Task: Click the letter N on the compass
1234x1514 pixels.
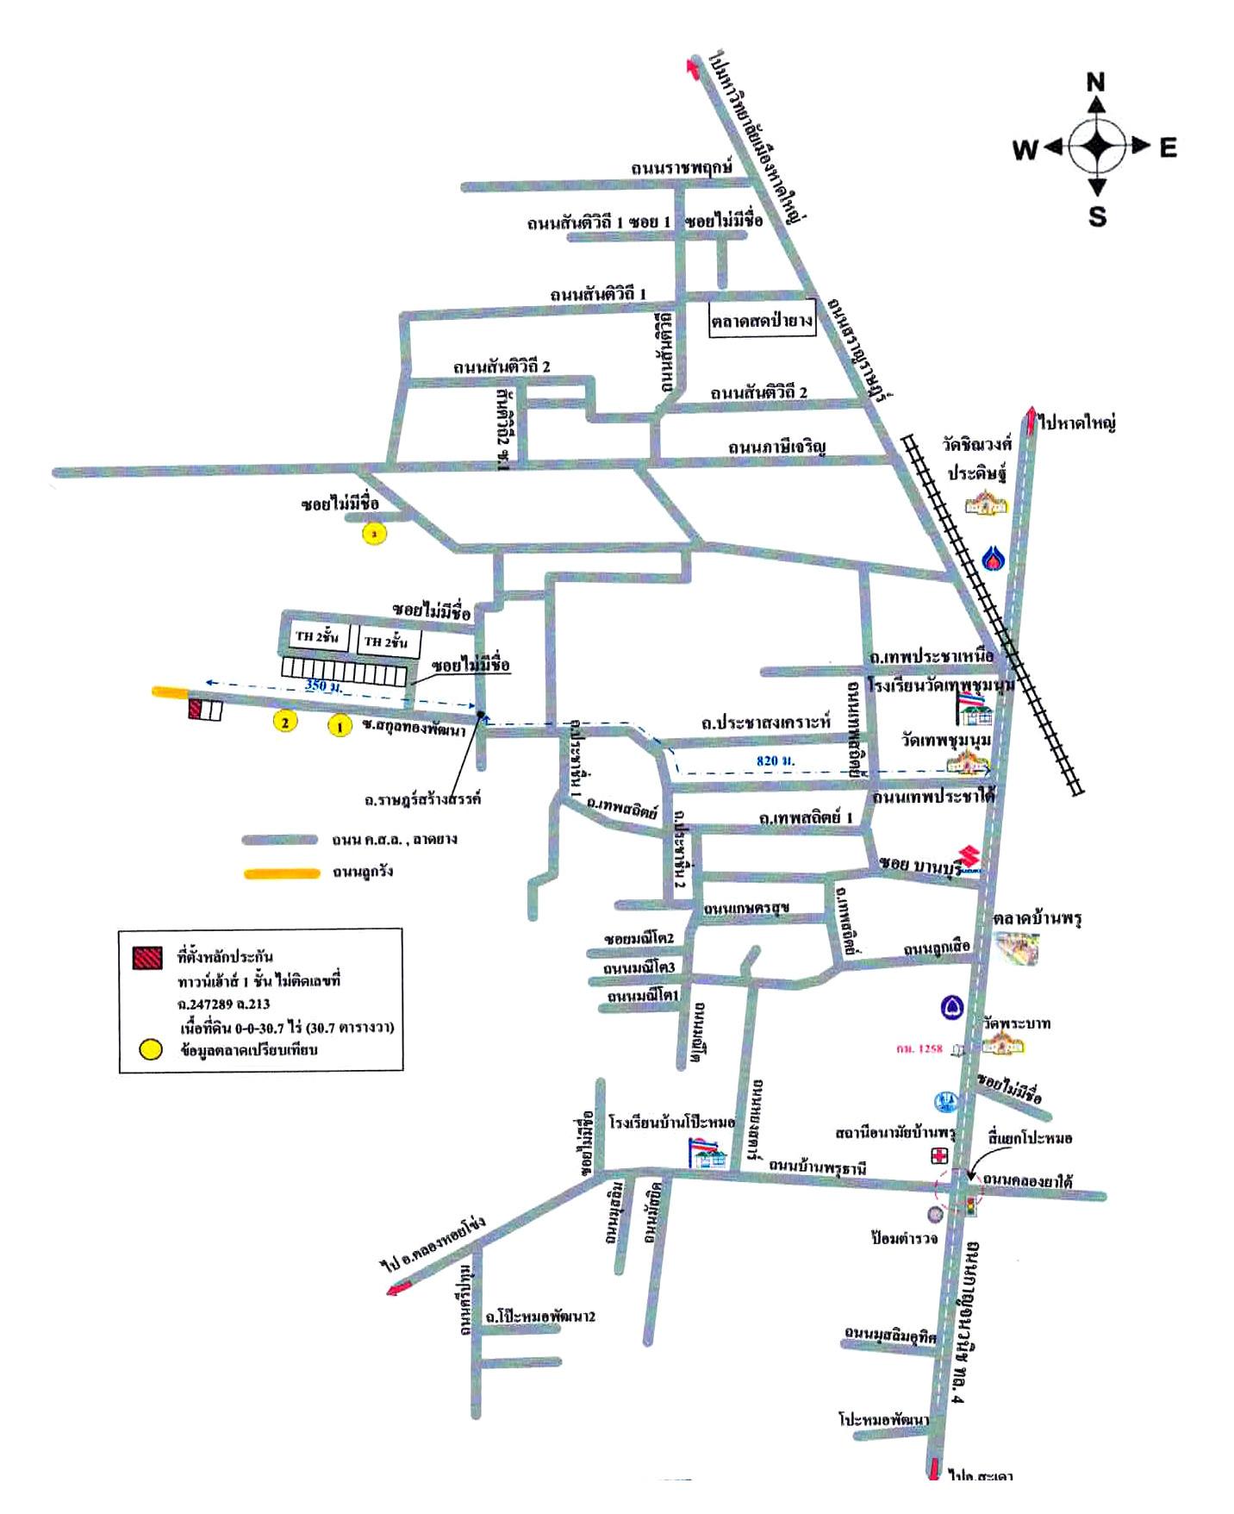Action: [1095, 82]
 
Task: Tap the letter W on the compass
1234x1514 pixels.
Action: [1025, 150]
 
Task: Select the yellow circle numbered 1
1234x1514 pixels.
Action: [340, 726]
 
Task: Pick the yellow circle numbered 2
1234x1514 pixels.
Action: [284, 721]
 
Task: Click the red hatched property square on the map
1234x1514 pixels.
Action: [196, 710]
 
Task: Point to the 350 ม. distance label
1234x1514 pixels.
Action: [320, 685]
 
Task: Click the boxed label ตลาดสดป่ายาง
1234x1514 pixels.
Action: [762, 321]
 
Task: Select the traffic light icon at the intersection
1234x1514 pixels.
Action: [972, 1204]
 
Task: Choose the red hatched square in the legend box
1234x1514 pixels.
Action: [146, 957]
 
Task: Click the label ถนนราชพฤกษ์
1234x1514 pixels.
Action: [681, 167]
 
